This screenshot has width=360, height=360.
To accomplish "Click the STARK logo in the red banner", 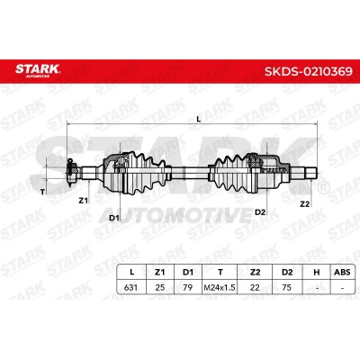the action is [38, 70].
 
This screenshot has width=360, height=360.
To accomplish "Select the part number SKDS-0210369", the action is [309, 71].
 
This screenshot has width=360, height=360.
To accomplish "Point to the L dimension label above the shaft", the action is [198, 119].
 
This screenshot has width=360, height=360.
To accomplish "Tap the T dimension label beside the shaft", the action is [42, 193].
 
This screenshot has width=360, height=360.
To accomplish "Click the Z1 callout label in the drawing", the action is [83, 201].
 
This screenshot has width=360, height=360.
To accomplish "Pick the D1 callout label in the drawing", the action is [114, 218].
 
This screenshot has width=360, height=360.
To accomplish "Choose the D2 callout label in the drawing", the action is [260, 212].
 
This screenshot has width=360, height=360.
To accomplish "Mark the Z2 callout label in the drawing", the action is [305, 204].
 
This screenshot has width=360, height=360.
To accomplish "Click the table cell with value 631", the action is [130, 287].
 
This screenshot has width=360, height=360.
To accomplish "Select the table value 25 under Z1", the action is [160, 287].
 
